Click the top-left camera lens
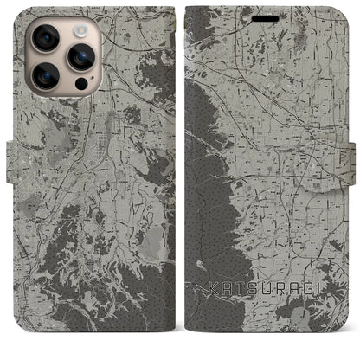[x=44, y=39]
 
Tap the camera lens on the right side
[x=80, y=58]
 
